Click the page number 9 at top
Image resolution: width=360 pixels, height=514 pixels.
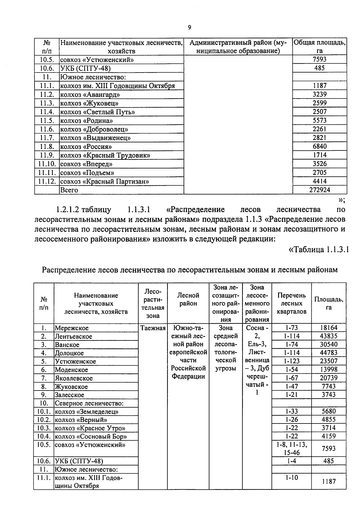189,28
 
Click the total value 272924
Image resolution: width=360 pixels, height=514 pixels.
319,190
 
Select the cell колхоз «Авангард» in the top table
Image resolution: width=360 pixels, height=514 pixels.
90,95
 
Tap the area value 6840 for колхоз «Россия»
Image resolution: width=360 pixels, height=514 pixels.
319,146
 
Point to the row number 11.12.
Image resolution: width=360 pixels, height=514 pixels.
47,181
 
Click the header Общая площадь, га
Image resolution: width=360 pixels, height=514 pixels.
319,46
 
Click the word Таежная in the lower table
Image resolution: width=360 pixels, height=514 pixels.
153,328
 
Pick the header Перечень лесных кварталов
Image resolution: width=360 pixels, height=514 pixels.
292,303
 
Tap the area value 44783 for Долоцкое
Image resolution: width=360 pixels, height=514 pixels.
329,353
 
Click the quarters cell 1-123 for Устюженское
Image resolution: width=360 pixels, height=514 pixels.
292,361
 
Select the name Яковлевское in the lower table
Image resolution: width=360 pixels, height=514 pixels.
74,378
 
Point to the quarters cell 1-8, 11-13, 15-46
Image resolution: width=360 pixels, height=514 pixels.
292,448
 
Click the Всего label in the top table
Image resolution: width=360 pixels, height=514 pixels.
69,190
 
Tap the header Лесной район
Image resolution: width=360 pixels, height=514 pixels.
188,299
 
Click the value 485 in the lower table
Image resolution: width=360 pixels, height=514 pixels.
329,461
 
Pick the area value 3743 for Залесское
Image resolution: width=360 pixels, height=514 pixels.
329,395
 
